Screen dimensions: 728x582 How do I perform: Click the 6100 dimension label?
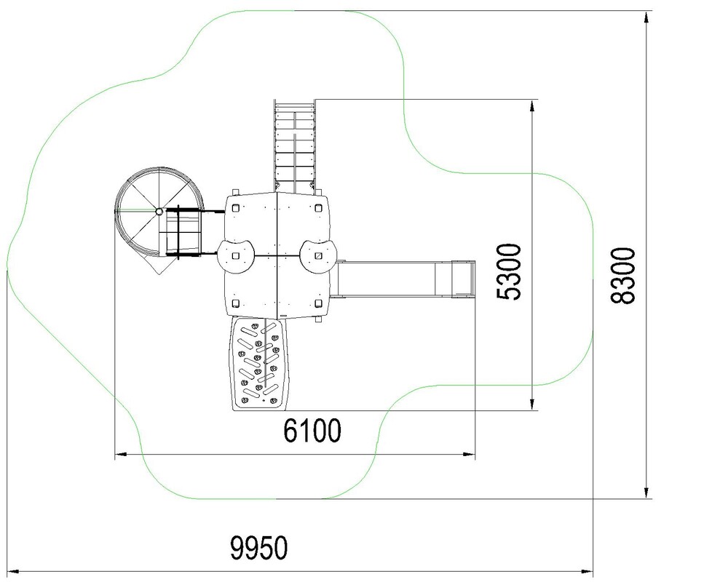pyautogui.click(x=312, y=430)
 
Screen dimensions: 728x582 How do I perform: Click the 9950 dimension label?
pyautogui.click(x=259, y=548)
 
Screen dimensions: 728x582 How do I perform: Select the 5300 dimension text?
pyautogui.click(x=509, y=271)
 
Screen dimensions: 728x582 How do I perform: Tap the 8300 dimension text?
pyautogui.click(x=622, y=276)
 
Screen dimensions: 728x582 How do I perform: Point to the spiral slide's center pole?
pyautogui.click(x=159, y=212)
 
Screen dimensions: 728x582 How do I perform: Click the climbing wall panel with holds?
pyautogui.click(x=258, y=364)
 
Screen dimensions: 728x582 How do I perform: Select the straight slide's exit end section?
pyautogui.click(x=463, y=279)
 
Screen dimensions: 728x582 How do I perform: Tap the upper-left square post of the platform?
pyautogui.click(x=235, y=207)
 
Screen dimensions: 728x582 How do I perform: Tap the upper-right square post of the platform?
pyautogui.click(x=318, y=208)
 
